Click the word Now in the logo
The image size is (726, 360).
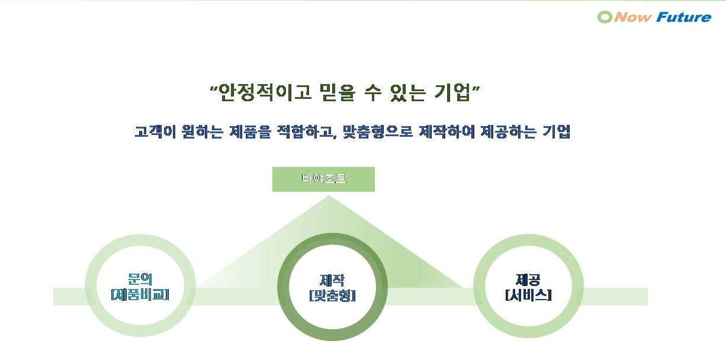click(x=633, y=17)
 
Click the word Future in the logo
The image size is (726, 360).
click(x=683, y=17)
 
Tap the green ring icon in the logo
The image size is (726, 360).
click(x=605, y=17)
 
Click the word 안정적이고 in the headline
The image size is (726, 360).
click(x=265, y=93)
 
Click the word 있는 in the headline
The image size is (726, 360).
click(x=408, y=93)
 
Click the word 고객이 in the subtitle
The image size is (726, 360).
click(x=153, y=131)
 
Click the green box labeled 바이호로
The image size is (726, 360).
click(x=323, y=179)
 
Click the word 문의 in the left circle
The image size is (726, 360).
click(x=140, y=279)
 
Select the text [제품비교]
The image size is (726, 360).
click(x=140, y=294)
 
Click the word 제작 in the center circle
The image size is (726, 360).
click(x=332, y=280)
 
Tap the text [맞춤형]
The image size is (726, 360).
click(x=332, y=295)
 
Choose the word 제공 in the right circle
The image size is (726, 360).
click(x=528, y=279)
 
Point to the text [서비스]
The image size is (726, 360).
click(x=528, y=294)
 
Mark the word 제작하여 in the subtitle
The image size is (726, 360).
click(x=443, y=131)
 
